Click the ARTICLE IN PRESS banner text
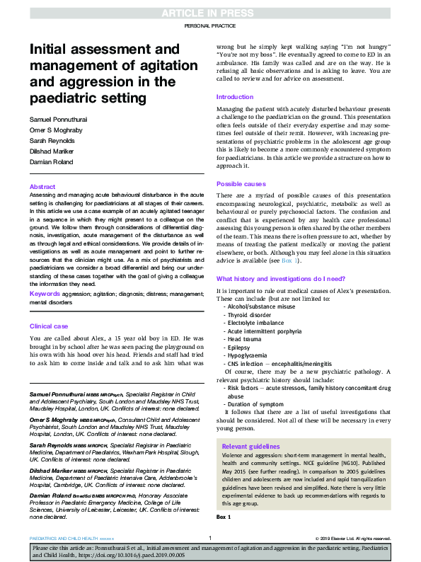(x=210, y=12)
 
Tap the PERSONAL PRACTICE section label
(x=210, y=26)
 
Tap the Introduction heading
(x=234, y=97)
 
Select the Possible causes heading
(x=241, y=183)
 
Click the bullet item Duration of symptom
(x=257, y=404)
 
